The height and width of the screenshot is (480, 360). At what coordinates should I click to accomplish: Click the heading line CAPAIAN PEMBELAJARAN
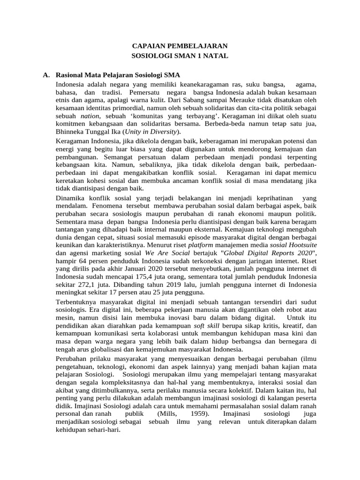180,46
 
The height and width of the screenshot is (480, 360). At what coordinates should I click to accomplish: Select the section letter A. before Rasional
46,75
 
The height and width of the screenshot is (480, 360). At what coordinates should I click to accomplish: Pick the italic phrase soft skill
206,326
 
